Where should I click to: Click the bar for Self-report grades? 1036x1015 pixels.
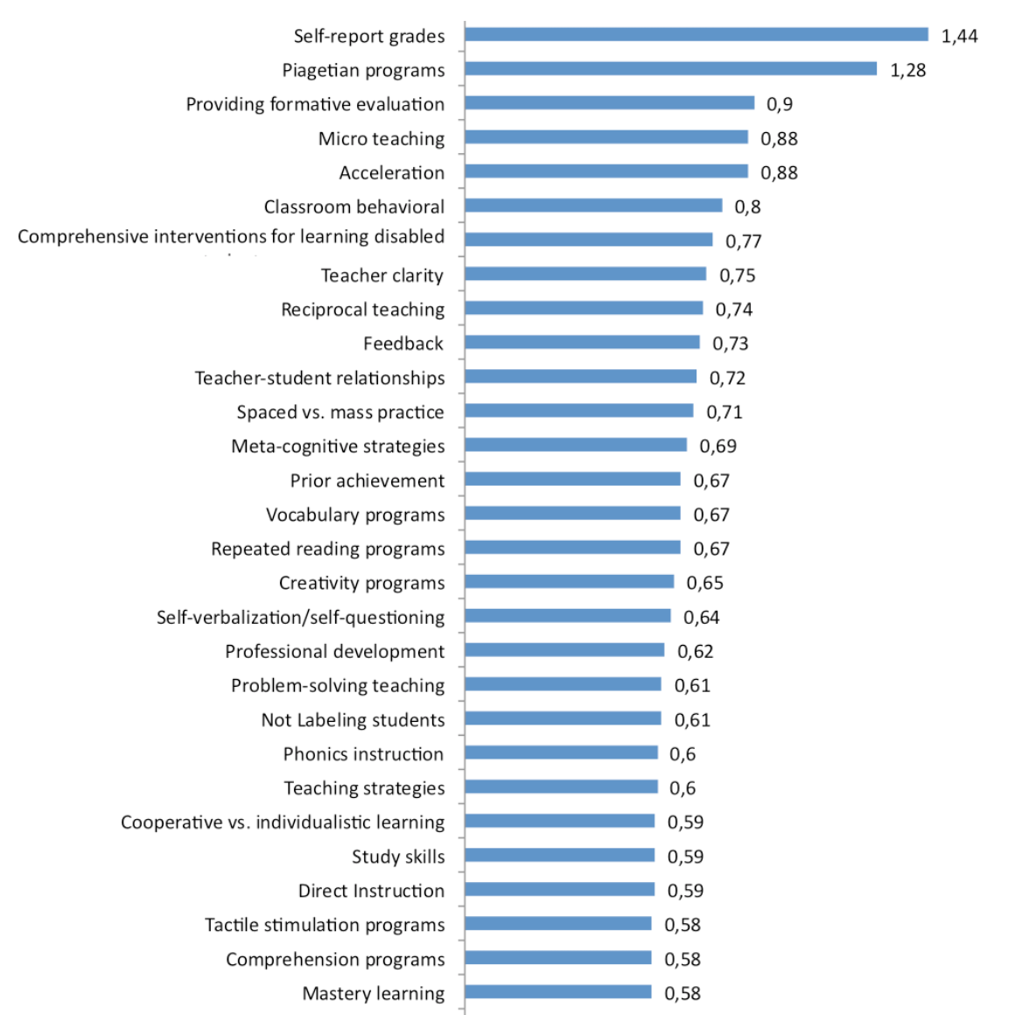(696, 35)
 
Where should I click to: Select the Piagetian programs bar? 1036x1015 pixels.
(670, 69)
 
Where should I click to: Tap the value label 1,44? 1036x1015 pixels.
(959, 36)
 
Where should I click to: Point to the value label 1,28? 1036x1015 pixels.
(907, 70)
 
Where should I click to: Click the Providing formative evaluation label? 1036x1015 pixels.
(315, 104)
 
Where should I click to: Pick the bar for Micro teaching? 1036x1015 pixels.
(606, 137)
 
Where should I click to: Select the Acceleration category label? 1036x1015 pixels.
(391, 172)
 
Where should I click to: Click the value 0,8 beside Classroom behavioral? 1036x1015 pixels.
(747, 206)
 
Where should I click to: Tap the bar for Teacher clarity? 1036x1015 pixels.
(585, 274)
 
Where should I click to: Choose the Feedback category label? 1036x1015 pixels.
(403, 344)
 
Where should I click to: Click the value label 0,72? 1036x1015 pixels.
(727, 378)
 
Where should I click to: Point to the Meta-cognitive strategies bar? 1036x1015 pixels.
(576, 445)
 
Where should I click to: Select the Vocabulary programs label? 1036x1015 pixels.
(355, 514)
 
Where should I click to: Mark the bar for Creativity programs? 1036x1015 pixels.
(570, 582)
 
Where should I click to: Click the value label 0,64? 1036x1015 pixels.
(701, 618)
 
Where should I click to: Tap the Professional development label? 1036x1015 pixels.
(334, 652)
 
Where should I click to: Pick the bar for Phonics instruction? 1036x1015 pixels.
(561, 752)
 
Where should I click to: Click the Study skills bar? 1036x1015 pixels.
(560, 855)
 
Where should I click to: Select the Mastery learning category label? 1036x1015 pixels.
(373, 993)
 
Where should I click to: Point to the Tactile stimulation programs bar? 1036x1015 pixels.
(558, 923)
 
